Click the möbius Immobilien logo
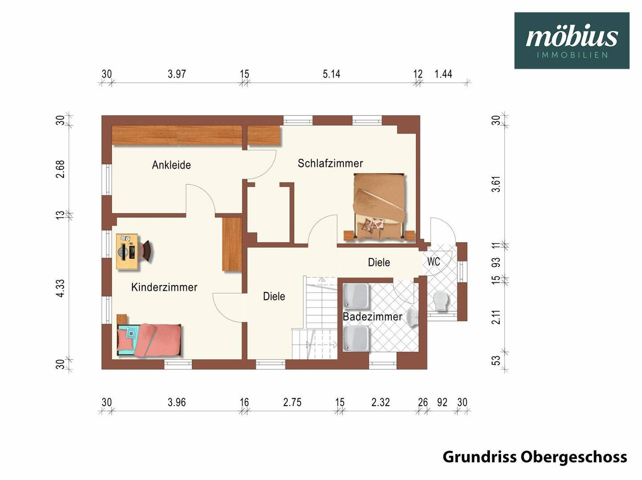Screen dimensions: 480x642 pyautogui.click(x=572, y=41)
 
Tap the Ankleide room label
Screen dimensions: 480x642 pyautogui.click(x=171, y=165)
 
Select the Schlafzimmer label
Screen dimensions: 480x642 pyautogui.click(x=330, y=163)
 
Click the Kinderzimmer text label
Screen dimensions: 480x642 pyautogui.click(x=164, y=287)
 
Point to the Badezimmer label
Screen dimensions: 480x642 pyautogui.click(x=372, y=317)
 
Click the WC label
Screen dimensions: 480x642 pyautogui.click(x=433, y=261)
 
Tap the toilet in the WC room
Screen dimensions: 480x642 pyautogui.click(x=440, y=301)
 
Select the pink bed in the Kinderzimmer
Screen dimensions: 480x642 pyautogui.click(x=149, y=340)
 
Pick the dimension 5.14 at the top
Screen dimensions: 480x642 pyautogui.click(x=331, y=74)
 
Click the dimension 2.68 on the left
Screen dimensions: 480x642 pyautogui.click(x=60, y=169)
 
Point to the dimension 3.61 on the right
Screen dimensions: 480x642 pyautogui.click(x=496, y=184)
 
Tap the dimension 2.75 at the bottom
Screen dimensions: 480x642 pyautogui.click(x=292, y=403)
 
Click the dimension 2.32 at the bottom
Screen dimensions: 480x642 pyautogui.click(x=380, y=403)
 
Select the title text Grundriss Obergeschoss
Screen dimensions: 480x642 pyautogui.click(x=535, y=457)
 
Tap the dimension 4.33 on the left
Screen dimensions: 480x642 pyautogui.click(x=60, y=288)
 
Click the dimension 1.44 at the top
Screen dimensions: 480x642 pyautogui.click(x=443, y=74)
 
